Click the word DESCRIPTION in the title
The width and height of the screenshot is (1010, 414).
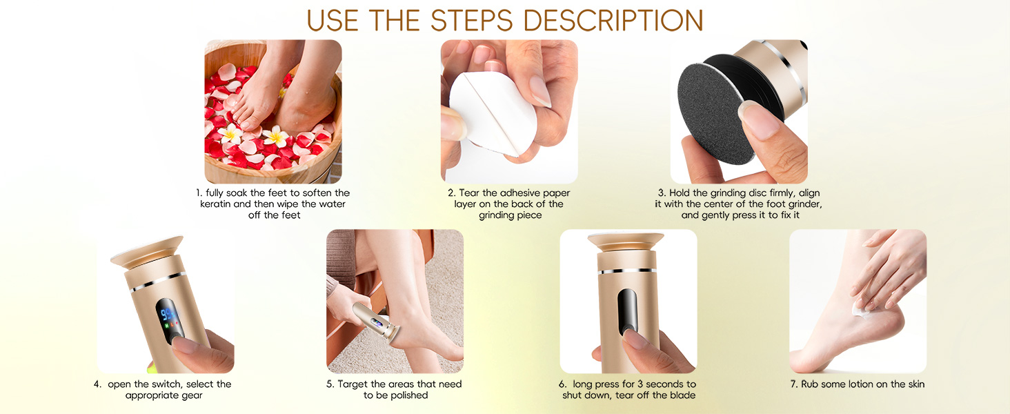(x=601, y=20)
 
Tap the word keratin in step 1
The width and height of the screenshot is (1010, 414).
(x=219, y=204)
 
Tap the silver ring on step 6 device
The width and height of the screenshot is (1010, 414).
(x=627, y=271)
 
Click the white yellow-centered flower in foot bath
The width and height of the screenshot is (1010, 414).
(x=276, y=137)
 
